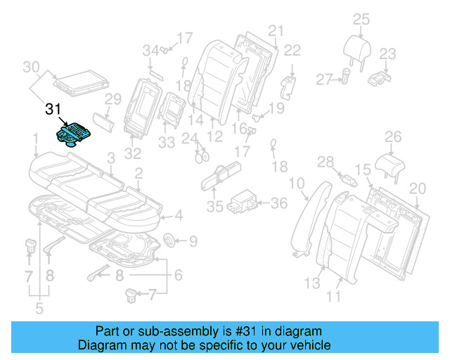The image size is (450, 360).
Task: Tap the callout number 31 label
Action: point(53,110)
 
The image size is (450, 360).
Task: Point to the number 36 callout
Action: point(279,203)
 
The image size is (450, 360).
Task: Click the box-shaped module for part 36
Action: point(246,199)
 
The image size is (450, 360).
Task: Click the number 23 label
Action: point(387,53)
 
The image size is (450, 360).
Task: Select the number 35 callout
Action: point(214,207)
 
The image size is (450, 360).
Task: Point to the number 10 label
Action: point(297,184)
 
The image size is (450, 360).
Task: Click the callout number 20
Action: point(418,188)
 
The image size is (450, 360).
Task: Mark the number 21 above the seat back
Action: point(276,30)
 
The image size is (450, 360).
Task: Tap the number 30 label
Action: point(30,67)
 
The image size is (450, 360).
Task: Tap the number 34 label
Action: point(150,50)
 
